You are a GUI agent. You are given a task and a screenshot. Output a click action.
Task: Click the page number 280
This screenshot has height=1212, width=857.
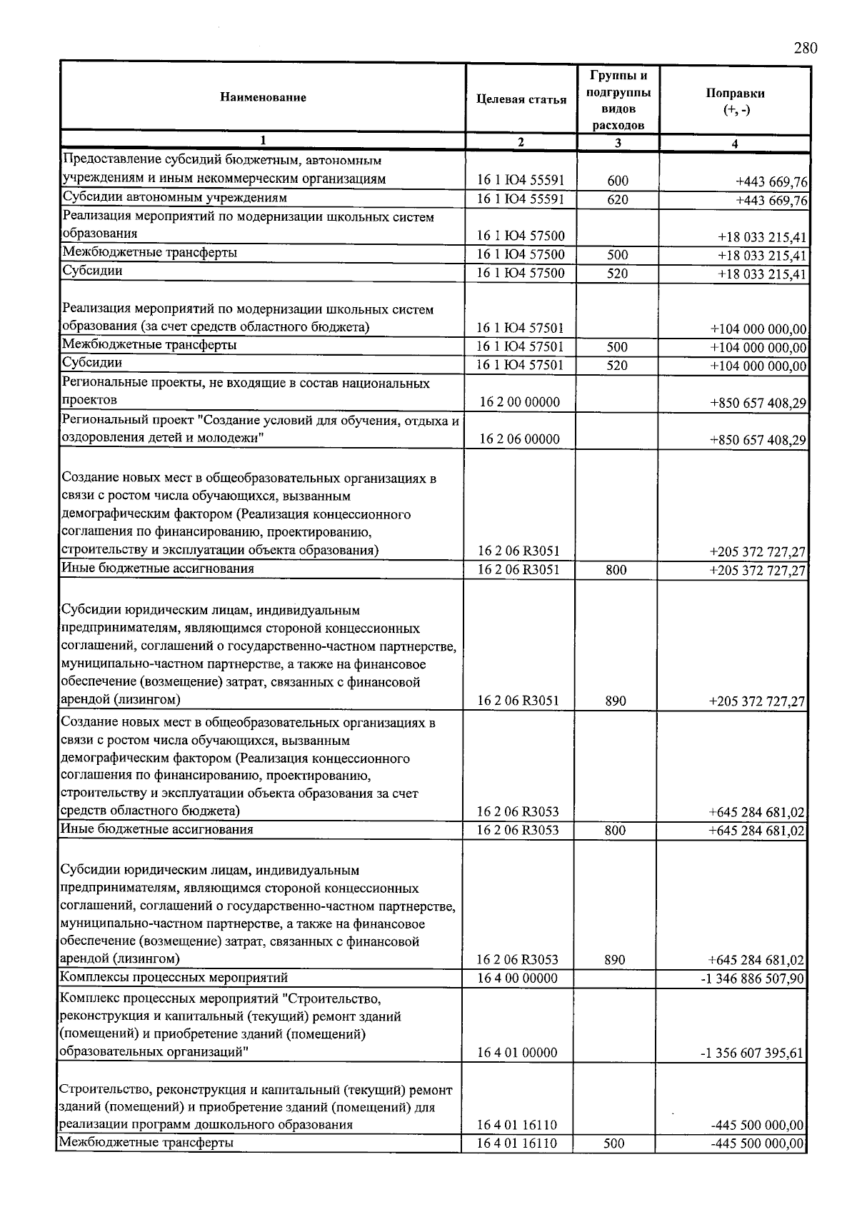coord(805,48)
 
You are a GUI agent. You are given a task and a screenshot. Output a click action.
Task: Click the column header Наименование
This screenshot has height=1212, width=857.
coord(263,97)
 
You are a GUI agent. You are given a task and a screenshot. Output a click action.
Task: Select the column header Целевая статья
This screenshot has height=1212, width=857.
coord(521,99)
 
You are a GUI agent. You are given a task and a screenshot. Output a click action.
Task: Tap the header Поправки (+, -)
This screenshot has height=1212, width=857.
coord(735,101)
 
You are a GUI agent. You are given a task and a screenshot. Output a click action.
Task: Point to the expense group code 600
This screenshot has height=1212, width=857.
coord(618,181)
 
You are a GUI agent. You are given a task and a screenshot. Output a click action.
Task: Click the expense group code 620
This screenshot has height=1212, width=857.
coord(618,199)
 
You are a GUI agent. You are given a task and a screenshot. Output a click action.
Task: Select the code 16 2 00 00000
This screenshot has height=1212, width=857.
coord(519,401)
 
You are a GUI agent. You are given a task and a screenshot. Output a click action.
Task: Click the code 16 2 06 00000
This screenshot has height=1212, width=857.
coord(519,439)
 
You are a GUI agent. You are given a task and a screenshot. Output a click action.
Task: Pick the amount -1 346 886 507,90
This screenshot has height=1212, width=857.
coord(753,978)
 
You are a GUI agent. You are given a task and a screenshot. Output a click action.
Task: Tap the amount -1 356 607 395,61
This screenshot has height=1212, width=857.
coord(753,1053)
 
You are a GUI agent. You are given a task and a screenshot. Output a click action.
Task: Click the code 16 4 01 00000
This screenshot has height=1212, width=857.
coord(517,1052)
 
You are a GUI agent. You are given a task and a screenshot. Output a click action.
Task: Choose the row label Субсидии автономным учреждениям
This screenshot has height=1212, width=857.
coord(174,197)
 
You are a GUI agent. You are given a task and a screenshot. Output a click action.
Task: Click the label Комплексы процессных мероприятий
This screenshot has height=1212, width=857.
coord(174,977)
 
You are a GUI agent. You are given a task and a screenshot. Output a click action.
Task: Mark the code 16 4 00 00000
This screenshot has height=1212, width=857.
coord(517,978)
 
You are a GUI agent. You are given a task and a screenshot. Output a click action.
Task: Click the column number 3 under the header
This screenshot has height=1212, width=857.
coord(618,142)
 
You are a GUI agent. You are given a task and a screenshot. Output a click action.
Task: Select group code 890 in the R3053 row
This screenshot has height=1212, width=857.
coord(615,959)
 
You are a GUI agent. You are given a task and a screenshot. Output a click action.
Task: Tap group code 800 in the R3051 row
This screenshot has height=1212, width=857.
coord(616,569)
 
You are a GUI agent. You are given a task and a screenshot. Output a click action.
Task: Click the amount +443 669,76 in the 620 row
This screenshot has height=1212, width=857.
coord(771,200)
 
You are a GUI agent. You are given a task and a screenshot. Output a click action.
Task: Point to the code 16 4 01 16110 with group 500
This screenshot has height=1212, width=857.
coord(517,1143)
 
